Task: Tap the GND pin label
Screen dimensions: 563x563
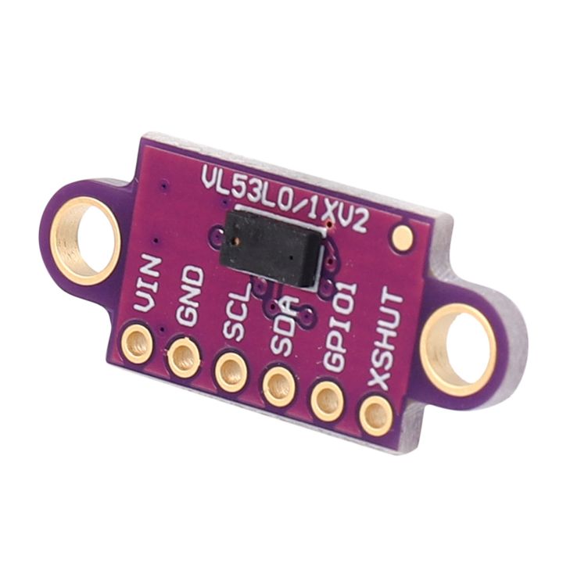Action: point(192,296)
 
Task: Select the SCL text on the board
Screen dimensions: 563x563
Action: point(237,310)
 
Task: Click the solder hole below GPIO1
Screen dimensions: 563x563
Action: point(328,401)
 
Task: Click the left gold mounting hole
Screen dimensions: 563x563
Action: point(85,239)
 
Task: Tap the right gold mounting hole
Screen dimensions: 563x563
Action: point(458,349)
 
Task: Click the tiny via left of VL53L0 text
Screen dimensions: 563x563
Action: point(163,186)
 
